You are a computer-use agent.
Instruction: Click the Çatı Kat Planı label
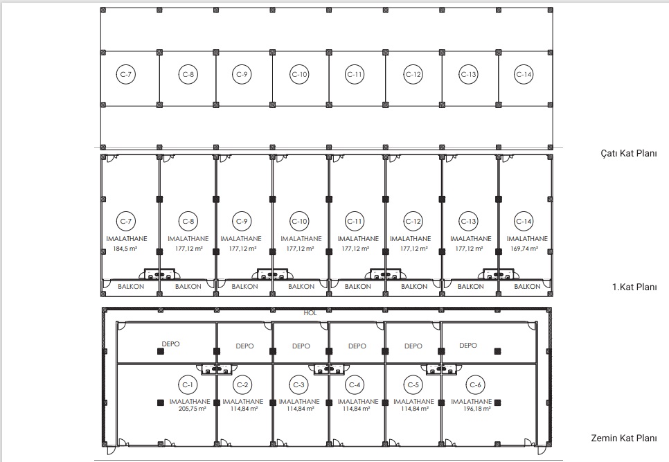coord(628,154)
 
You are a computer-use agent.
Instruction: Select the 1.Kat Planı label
coord(634,287)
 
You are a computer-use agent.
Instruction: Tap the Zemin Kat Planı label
coord(624,438)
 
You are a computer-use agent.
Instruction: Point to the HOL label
coord(310,313)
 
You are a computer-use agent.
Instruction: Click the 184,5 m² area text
coord(125,248)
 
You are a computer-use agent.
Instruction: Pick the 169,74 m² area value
coord(524,248)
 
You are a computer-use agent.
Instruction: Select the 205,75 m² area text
coord(192,409)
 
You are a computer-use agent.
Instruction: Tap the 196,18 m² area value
coord(476,409)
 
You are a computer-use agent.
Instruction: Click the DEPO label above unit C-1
coord(170,344)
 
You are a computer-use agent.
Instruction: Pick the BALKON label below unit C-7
coord(131,287)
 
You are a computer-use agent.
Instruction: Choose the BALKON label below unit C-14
coord(527,287)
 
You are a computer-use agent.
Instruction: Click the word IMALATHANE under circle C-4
coord(358,402)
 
